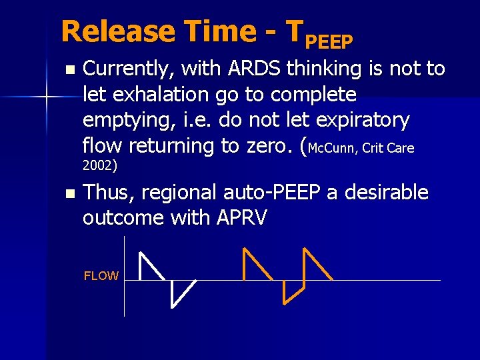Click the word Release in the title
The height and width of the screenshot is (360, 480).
[x=118, y=31]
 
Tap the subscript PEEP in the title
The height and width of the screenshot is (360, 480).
[x=328, y=42]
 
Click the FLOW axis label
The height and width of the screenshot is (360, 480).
[x=101, y=276]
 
